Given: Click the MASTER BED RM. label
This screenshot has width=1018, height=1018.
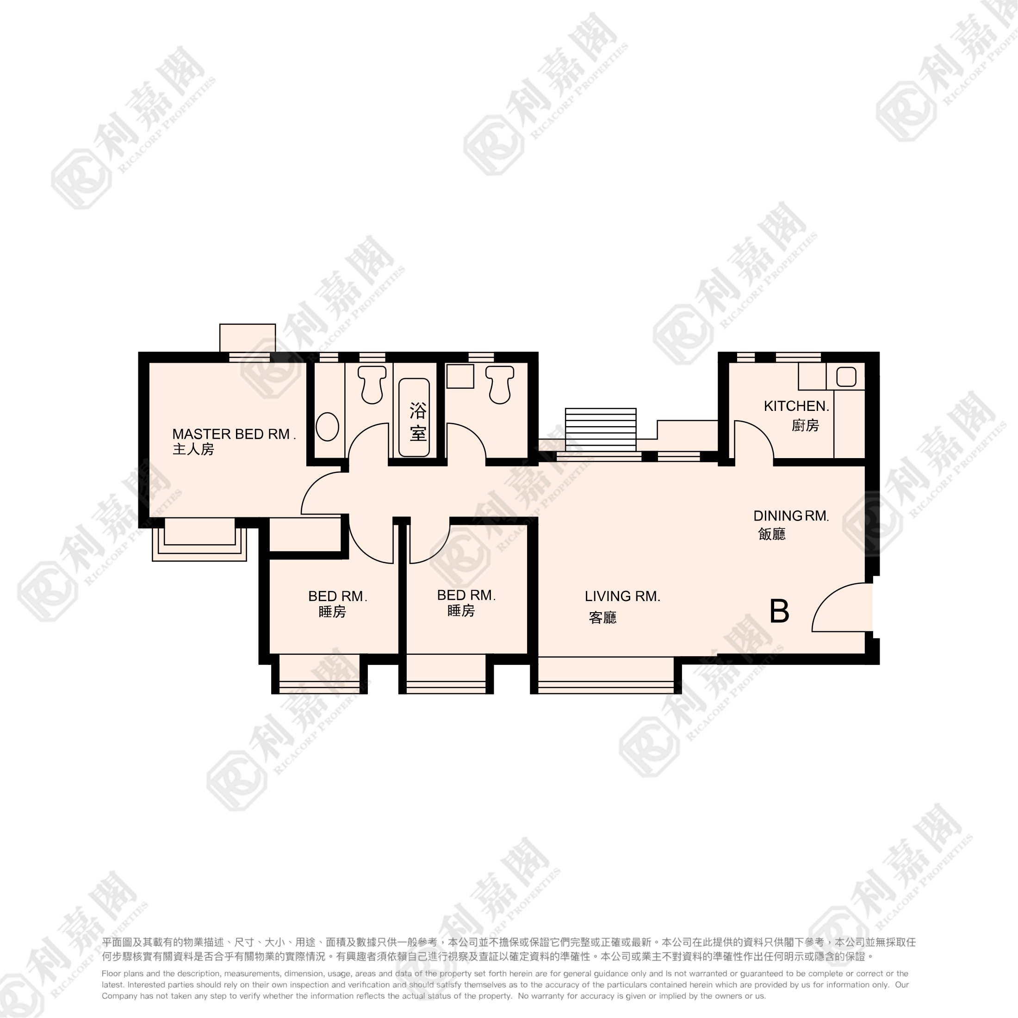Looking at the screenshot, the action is [234, 434].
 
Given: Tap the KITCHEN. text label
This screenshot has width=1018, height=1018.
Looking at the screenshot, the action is [796, 406].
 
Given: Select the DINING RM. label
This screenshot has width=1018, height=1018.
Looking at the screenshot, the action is [791, 516].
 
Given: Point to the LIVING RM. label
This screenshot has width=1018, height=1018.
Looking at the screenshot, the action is [622, 596].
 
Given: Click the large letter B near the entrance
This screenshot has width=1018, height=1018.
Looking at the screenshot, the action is [779, 611].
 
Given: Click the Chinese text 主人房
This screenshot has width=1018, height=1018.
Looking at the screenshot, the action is [193, 449].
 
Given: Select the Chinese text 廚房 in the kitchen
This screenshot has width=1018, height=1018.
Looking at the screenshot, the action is [805, 425].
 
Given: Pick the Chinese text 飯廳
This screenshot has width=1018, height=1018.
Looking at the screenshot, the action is [772, 534].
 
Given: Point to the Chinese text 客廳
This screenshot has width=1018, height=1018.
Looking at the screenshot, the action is [603, 618].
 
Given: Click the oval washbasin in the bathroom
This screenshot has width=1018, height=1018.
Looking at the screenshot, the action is [327, 427].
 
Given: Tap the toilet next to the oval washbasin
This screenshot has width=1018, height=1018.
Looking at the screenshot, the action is [372, 385].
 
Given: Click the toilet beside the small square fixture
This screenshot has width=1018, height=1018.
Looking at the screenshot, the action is [500, 385].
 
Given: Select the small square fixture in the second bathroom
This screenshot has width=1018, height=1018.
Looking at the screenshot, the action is [460, 376].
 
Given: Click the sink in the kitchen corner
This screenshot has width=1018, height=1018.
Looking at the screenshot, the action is [846, 377].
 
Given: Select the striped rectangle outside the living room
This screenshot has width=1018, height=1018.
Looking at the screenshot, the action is [601, 429].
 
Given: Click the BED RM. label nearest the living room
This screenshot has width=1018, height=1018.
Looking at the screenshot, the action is [466, 596].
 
